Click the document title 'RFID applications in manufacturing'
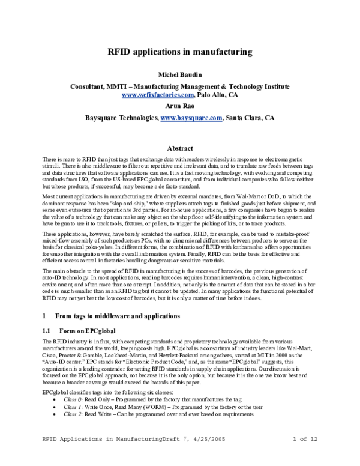tap(180, 52)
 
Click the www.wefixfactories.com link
tap(158, 95)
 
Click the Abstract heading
tap(180, 148)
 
